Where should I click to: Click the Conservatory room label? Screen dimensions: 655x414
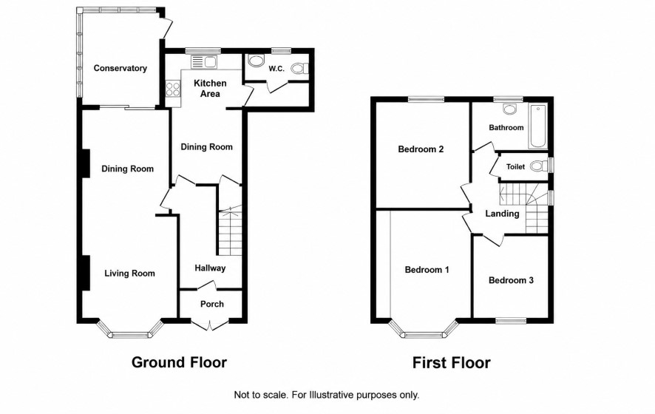pos(120,68)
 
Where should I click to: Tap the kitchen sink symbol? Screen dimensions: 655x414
pos(204,62)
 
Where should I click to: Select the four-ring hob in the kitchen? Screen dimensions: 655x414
pos(173,89)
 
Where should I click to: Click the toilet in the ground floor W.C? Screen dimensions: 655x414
pos(300,68)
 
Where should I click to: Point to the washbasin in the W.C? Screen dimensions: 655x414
pos(254,61)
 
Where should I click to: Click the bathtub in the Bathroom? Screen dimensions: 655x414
pos(537,126)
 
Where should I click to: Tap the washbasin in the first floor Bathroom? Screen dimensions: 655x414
pos(509,109)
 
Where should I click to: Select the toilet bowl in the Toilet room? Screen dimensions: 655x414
pos(539,166)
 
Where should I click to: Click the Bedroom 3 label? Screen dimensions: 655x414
pos(511,280)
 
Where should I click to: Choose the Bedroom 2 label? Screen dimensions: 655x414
pos(421,149)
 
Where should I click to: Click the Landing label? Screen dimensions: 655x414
pos(502,214)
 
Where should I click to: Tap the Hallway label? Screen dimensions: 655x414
pos(210,268)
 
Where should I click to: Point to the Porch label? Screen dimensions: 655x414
pos(212,304)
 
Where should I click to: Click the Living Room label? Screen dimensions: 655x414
pos(129,274)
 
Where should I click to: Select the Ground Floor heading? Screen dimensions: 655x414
pos(179,362)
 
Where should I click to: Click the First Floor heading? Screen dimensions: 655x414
pos(452,362)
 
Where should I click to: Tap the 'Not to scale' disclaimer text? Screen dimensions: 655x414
pos(327,395)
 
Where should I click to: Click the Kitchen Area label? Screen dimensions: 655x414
pos(210,89)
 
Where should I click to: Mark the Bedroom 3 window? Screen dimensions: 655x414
pos(511,320)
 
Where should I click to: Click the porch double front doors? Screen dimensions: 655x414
pos(210,325)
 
